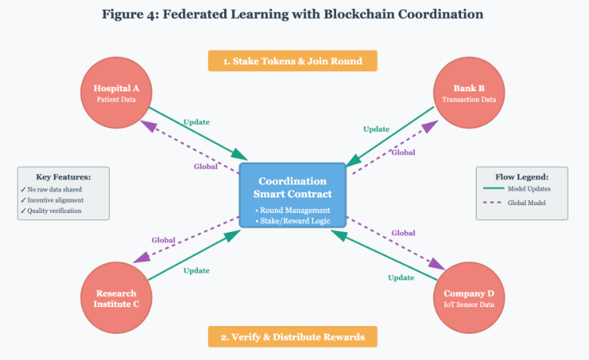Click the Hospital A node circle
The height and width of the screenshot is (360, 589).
[x=116, y=93]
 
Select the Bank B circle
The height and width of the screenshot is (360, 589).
[x=469, y=93]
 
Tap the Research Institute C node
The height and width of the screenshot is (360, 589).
[x=116, y=298]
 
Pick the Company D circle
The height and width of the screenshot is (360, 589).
[x=469, y=298]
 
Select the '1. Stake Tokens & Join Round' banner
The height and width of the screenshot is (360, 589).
[x=292, y=61]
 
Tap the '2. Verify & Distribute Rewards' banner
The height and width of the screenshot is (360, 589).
[x=292, y=337]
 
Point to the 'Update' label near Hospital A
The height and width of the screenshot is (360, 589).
[x=196, y=122]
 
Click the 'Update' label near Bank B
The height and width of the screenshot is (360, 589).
[x=376, y=129]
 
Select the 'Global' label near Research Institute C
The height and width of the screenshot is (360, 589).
[x=163, y=240]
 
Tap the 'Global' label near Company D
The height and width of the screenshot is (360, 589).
[x=403, y=233]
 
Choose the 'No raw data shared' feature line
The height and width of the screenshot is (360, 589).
[x=54, y=190]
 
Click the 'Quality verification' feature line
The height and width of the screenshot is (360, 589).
[x=54, y=210]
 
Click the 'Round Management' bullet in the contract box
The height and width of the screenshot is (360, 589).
[x=292, y=210]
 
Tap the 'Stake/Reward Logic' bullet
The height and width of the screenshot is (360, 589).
[x=292, y=222]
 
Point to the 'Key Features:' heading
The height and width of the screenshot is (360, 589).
[x=63, y=176]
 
